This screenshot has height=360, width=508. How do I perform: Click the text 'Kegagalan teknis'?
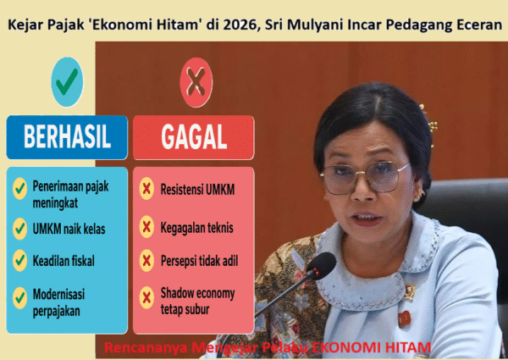coord(196,227)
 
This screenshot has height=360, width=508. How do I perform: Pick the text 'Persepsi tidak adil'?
coord(199,260)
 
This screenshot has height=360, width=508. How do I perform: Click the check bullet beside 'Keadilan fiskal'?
coord(19,260)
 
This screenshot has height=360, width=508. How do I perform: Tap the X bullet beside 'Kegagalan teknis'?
coord(146,227)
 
